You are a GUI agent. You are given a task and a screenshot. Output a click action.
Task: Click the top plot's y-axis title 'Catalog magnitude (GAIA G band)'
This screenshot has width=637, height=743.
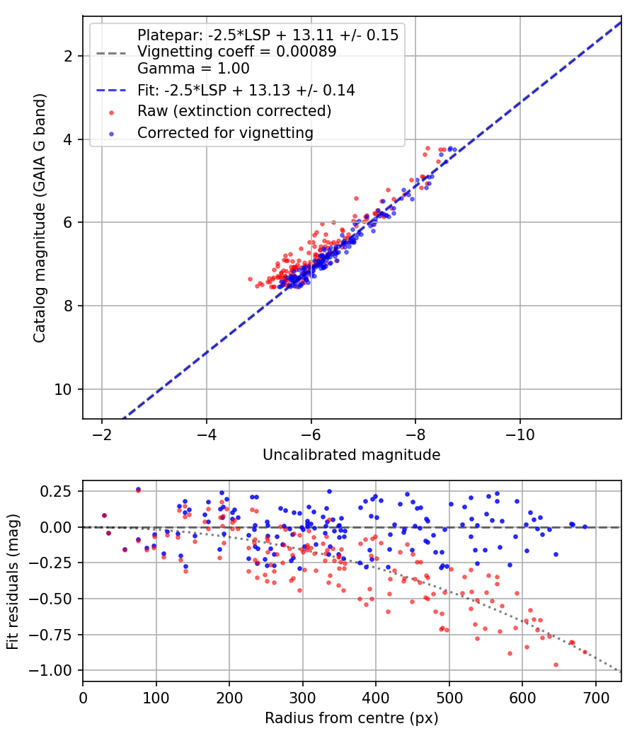click(x=40, y=218)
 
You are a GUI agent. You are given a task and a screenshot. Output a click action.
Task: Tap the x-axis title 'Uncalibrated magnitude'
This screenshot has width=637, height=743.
click(x=352, y=455)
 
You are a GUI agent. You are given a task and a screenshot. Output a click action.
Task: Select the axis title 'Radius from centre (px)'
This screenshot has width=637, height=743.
click(x=352, y=718)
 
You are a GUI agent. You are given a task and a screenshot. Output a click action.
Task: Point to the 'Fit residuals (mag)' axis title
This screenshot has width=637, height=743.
click(x=13, y=582)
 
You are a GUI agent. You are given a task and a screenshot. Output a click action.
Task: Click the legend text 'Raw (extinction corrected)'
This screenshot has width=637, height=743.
click(x=234, y=111)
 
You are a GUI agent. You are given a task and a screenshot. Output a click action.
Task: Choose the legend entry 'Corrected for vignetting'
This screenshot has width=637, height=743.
click(x=226, y=133)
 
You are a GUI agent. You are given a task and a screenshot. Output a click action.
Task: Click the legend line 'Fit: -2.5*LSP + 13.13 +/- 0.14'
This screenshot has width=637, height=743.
click(x=246, y=90)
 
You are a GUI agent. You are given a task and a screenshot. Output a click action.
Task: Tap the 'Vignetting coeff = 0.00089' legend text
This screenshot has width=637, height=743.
click(x=237, y=51)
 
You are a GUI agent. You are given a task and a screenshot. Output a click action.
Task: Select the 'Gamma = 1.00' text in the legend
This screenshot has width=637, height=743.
click(x=193, y=69)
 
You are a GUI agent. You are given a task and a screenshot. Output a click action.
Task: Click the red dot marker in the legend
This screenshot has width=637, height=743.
click(x=111, y=113)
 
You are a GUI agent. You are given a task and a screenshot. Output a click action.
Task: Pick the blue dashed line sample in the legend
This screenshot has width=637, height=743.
click(x=111, y=90)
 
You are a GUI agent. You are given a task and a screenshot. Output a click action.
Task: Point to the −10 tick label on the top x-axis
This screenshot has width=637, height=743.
click(x=520, y=434)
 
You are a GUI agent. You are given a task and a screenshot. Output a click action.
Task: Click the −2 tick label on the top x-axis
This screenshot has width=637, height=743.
click(x=101, y=434)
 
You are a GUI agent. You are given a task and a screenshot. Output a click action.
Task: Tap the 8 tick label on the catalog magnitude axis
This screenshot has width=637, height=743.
click(x=68, y=306)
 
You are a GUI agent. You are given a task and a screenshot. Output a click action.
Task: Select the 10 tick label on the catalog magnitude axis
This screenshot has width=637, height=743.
click(x=64, y=389)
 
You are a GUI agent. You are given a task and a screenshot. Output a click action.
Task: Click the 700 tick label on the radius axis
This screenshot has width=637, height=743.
click(x=595, y=698)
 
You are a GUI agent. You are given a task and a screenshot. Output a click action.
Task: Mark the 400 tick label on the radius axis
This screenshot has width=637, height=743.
click(x=376, y=698)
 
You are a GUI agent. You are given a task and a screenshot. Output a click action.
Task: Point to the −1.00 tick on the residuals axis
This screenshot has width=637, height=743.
click(x=50, y=671)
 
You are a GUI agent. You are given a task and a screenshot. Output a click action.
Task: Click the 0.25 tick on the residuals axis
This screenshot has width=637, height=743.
click(x=55, y=491)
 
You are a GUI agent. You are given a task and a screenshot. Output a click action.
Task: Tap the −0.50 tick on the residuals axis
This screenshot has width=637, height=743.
click(x=50, y=599)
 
